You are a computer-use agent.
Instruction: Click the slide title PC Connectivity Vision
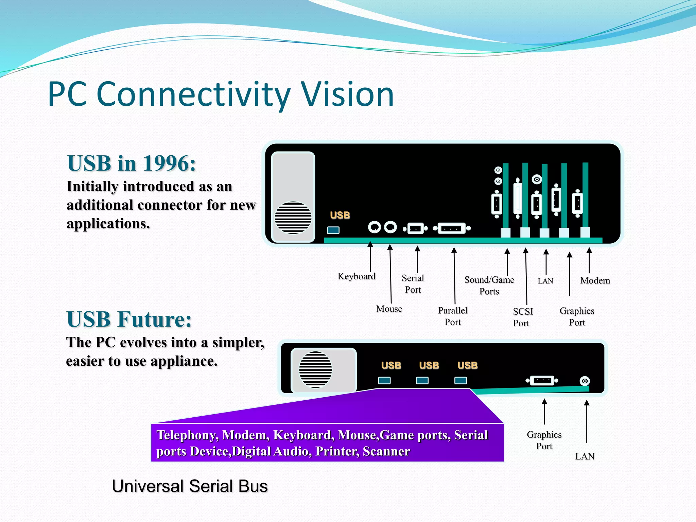pyautogui.click(x=221, y=94)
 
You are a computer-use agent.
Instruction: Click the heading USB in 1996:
pyautogui.click(x=132, y=163)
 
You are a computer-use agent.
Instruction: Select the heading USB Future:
pyautogui.click(x=129, y=319)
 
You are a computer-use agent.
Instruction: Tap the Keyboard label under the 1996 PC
pyautogui.click(x=356, y=276)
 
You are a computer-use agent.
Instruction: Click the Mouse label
pyautogui.click(x=389, y=309)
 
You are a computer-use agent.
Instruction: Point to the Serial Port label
pyautogui.click(x=413, y=284)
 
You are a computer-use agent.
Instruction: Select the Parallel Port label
pyautogui.click(x=453, y=316)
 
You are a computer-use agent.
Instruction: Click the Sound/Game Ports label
pyautogui.click(x=489, y=285)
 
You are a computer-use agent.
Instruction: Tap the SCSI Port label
pyautogui.click(x=522, y=317)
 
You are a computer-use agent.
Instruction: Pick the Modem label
pyautogui.click(x=595, y=281)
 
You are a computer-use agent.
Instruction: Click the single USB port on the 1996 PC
pyautogui.click(x=333, y=230)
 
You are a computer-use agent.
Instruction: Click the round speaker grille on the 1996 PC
pyautogui.click(x=293, y=217)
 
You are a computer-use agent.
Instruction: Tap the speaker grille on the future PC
pyautogui.click(x=315, y=369)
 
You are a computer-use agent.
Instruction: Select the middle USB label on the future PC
pyautogui.click(x=429, y=365)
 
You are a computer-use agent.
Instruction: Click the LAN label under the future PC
pyautogui.click(x=585, y=456)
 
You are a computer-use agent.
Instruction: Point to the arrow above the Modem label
pyautogui.click(x=589, y=260)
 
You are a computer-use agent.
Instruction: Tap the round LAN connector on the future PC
pyautogui.click(x=585, y=381)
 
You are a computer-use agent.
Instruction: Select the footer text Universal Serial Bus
pyautogui.click(x=190, y=486)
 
